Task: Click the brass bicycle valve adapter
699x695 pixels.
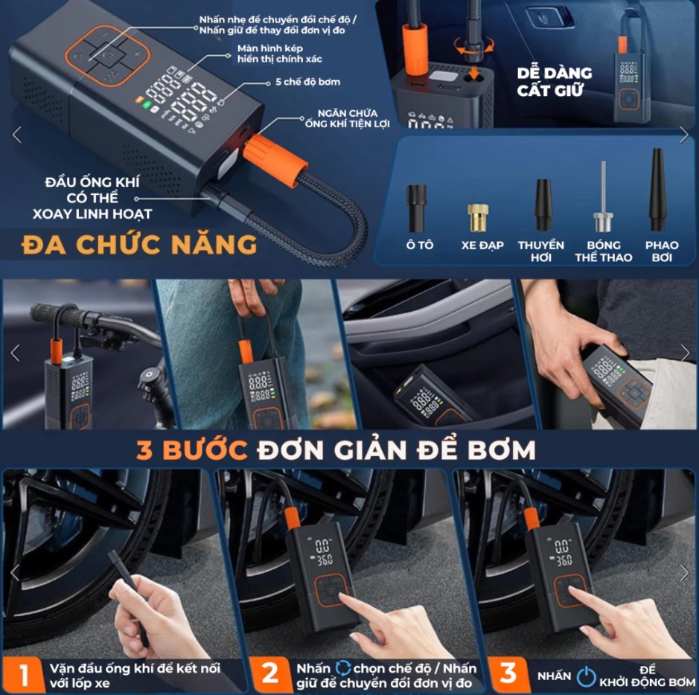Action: pyautogui.click(x=476, y=217)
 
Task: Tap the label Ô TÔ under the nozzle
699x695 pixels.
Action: pyautogui.click(x=418, y=246)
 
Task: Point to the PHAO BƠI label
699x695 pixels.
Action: pyautogui.click(x=661, y=251)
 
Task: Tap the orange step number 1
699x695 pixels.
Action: pyautogui.click(x=23, y=674)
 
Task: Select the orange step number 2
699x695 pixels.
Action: pyautogui.click(x=269, y=674)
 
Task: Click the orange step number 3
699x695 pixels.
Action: pyautogui.click(x=508, y=674)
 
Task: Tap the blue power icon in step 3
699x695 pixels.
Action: pyautogui.click(x=587, y=676)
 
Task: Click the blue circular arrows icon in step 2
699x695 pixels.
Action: pyautogui.click(x=343, y=667)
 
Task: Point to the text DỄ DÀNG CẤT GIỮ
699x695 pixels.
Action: pyautogui.click(x=555, y=81)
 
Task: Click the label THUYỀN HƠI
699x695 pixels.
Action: pyautogui.click(x=541, y=251)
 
